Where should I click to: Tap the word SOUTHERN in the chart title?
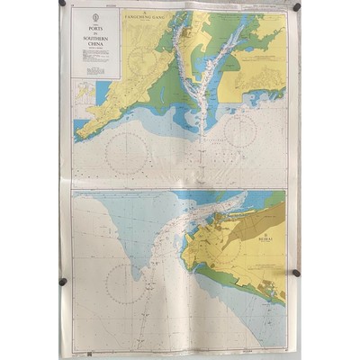click(x=95, y=38)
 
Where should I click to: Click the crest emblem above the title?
click(x=95, y=17)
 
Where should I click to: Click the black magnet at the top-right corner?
click(x=297, y=7)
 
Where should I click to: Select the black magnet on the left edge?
click(x=63, y=282)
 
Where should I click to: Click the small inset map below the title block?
click(x=84, y=92)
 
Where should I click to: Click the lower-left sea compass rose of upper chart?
click(x=126, y=152)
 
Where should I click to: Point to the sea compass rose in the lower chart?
click(x=126, y=283)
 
